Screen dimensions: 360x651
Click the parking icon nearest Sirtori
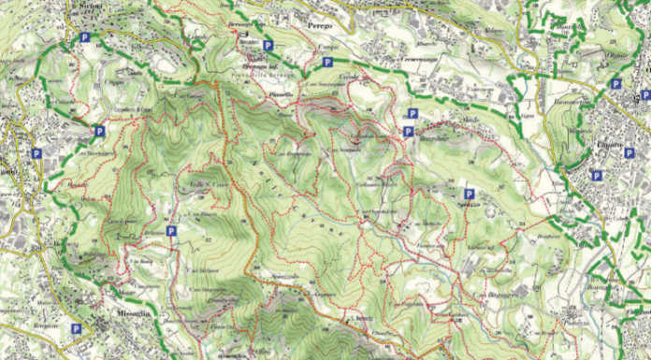(x=85, y=38)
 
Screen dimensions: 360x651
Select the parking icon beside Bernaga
(x=268, y=45)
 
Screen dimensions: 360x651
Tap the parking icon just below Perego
(x=327, y=62)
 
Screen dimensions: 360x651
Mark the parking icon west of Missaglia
(x=76, y=328)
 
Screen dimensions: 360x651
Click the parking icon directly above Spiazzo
(x=468, y=194)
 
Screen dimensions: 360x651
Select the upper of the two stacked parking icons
(x=409, y=115)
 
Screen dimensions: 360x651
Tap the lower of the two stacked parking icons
(x=409, y=132)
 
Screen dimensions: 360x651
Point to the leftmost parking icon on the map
(x=36, y=153)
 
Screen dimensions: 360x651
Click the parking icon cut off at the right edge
(x=645, y=94)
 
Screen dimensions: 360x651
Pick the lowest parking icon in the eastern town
(x=597, y=175)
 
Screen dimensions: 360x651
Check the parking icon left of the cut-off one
(x=616, y=83)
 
